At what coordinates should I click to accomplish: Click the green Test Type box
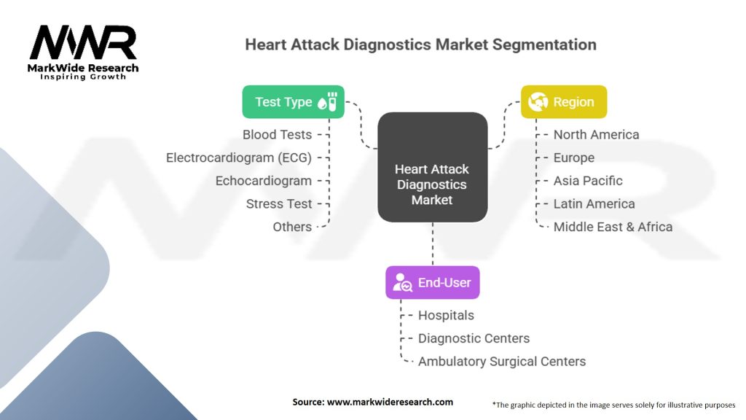[293, 102]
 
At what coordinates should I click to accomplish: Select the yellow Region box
[564, 102]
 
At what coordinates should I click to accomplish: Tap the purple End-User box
[433, 282]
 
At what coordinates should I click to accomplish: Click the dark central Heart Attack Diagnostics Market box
[433, 167]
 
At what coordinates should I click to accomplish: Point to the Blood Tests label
[277, 135]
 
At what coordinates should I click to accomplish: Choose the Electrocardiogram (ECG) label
[239, 157]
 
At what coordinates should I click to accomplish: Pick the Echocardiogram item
[264, 181]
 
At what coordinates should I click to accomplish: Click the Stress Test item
[279, 204]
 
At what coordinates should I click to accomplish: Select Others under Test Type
[292, 227]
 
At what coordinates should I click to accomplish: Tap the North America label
[596, 135]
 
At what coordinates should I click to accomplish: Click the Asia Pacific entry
[588, 181]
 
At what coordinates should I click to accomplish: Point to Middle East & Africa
[613, 227]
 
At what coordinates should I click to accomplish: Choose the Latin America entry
[594, 204]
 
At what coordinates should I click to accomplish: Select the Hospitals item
[446, 315]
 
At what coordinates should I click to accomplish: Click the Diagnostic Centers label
[474, 338]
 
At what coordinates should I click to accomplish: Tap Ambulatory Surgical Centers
[502, 362]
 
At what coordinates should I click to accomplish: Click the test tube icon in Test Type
[332, 101]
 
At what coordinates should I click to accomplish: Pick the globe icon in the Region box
[538, 101]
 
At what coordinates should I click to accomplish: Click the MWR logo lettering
[83, 42]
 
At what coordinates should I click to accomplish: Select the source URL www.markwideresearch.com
[390, 402]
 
